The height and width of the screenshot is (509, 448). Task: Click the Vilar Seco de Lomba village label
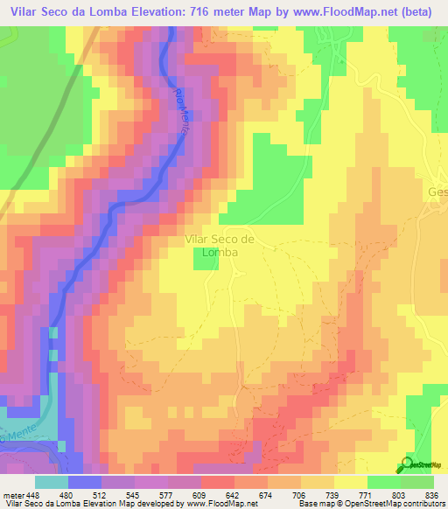pos(219,244)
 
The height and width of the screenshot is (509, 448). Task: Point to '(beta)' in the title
pos(421,13)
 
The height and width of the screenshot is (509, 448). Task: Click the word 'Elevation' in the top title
pos(161,13)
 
